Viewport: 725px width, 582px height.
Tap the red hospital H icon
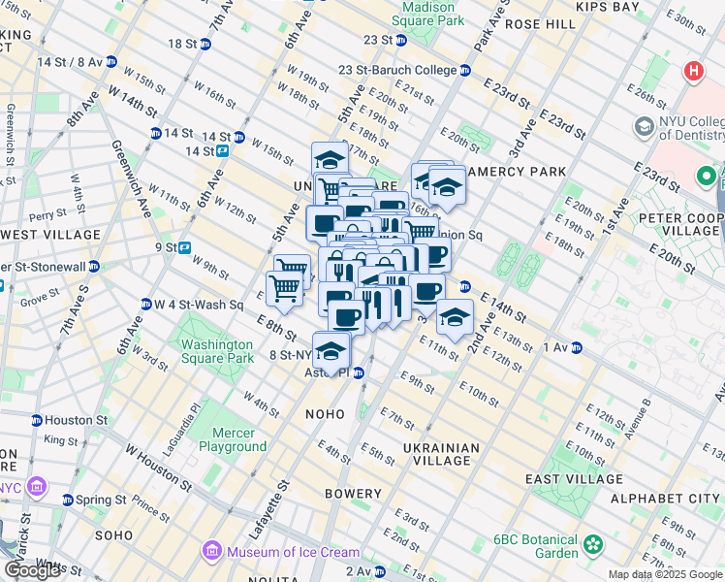[x=693, y=71]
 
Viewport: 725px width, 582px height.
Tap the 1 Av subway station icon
[x=576, y=347]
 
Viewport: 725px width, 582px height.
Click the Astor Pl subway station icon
[x=358, y=372]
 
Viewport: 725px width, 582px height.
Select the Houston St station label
[x=74, y=420]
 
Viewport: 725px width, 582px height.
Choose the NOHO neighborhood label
[x=325, y=414]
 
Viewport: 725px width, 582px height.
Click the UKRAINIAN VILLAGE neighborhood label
[x=442, y=455]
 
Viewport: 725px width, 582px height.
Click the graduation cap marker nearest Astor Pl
[x=331, y=350]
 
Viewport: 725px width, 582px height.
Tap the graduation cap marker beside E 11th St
[x=454, y=316]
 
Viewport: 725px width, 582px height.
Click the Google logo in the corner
[x=32, y=570]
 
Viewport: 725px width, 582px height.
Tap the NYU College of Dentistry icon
[x=644, y=127]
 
